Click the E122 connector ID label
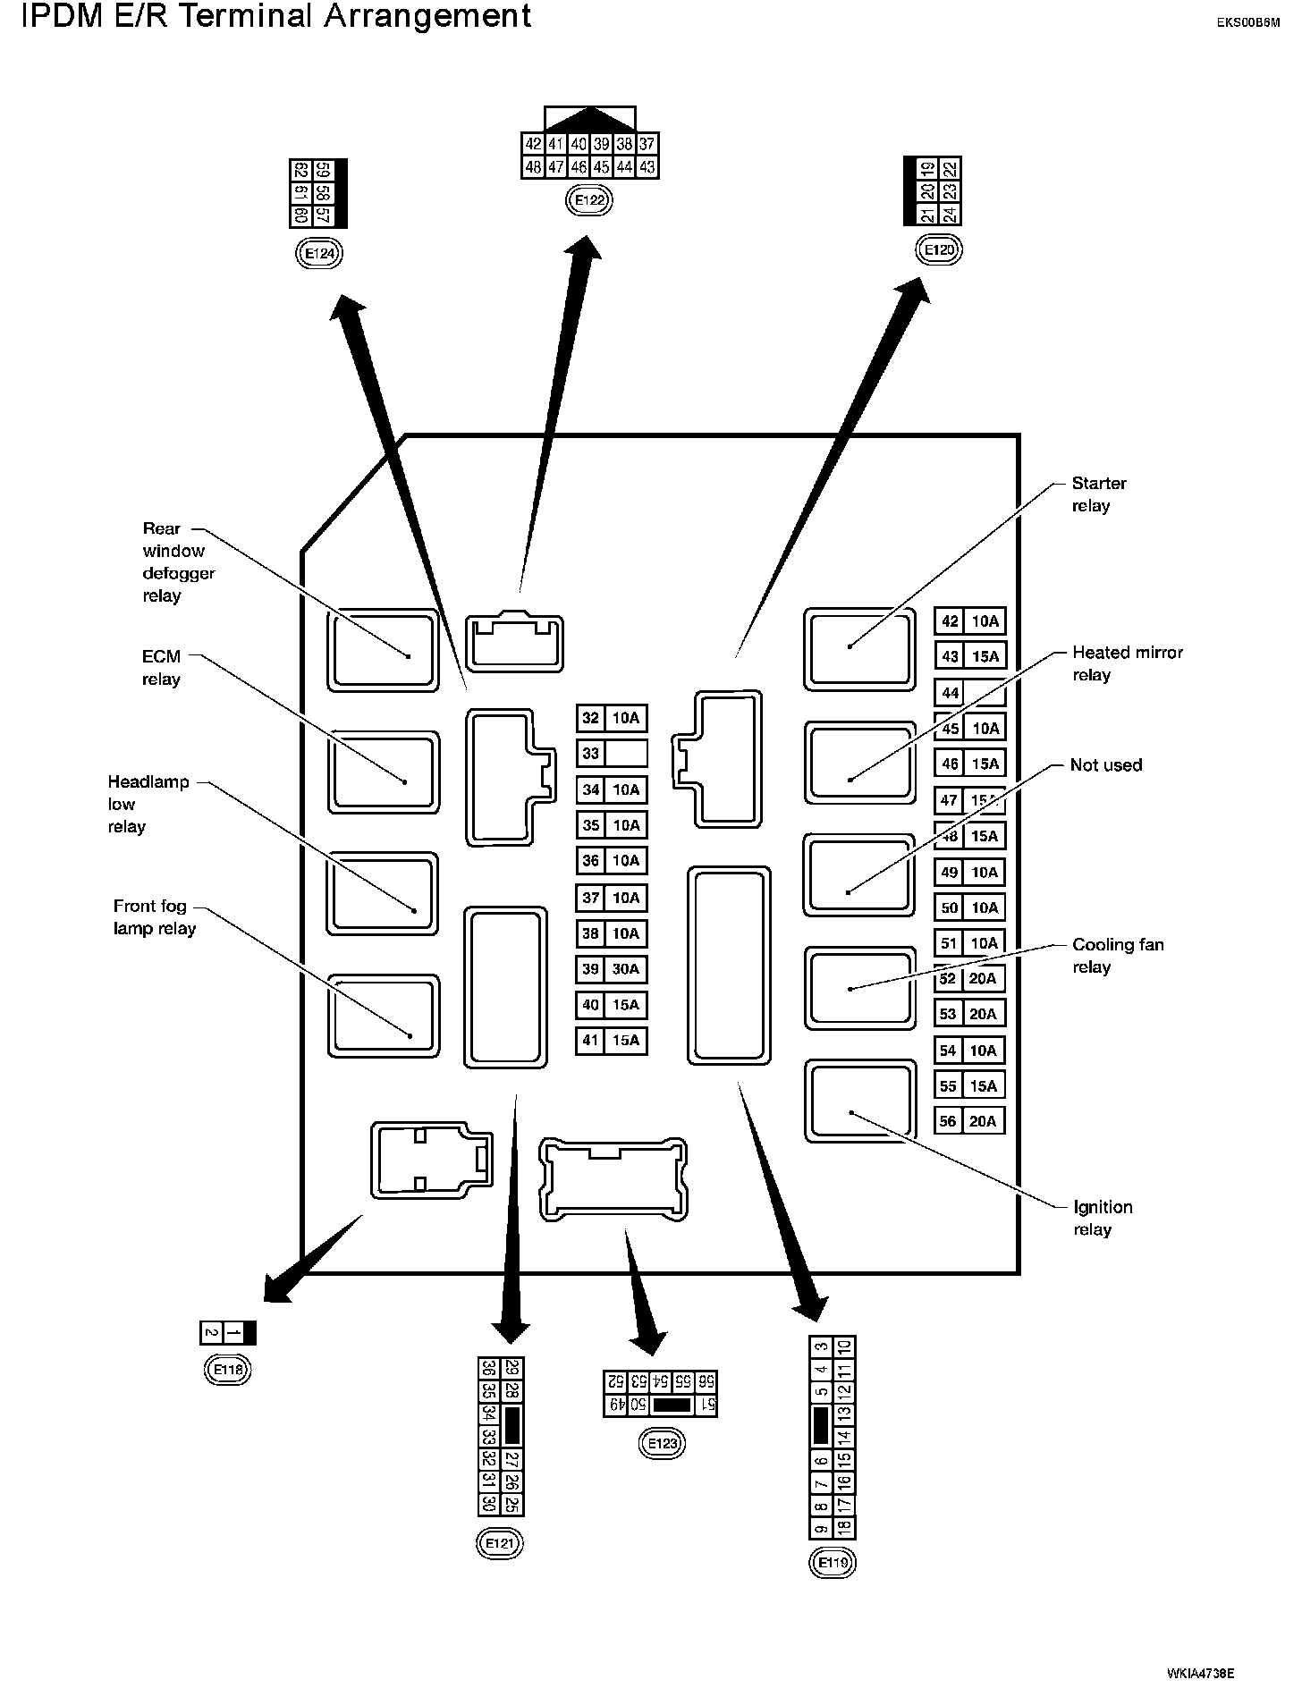pyautogui.click(x=589, y=200)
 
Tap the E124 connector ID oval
pyautogui.click(x=319, y=254)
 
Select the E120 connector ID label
pyautogui.click(x=939, y=250)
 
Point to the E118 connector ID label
pyautogui.click(x=228, y=1369)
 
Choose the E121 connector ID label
pyautogui.click(x=500, y=1543)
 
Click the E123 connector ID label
pyautogui.click(x=663, y=1444)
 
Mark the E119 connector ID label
pyautogui.click(x=832, y=1563)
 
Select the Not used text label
pyautogui.click(x=1106, y=765)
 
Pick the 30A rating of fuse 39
pyautogui.click(x=626, y=969)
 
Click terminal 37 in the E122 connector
pyautogui.click(x=647, y=144)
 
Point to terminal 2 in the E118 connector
pyautogui.click(x=211, y=1333)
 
